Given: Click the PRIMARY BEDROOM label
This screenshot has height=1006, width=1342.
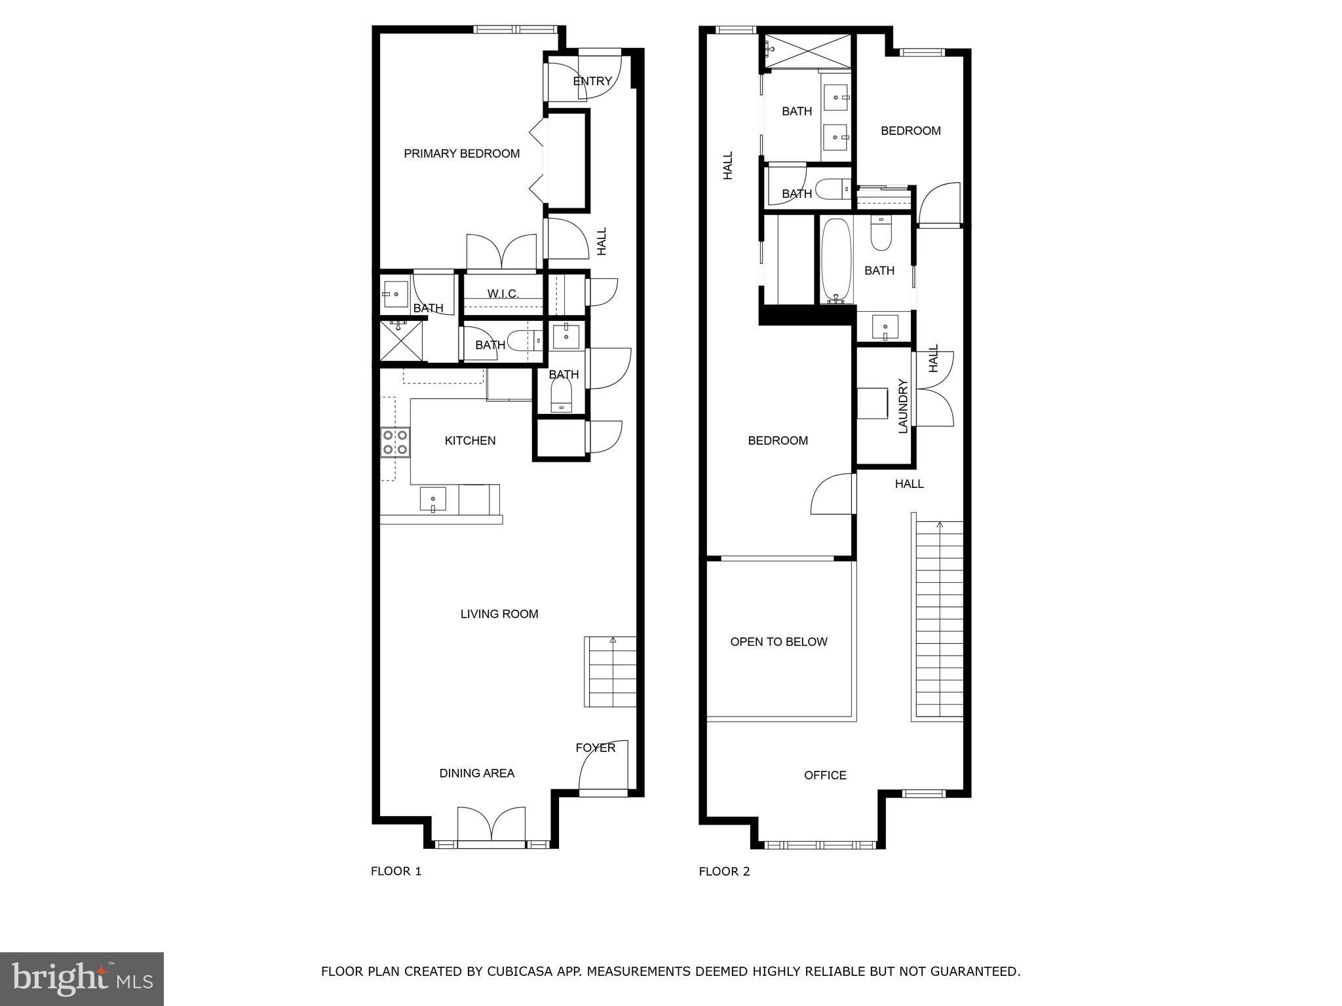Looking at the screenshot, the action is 461,154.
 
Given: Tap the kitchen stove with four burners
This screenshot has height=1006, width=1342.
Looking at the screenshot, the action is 395,442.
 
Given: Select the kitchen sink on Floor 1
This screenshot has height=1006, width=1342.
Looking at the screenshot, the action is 432,500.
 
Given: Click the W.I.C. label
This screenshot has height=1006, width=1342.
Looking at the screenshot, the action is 503,294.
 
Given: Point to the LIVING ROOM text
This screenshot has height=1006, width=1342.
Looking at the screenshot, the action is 499,614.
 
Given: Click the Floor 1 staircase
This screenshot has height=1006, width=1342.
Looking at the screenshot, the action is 610,671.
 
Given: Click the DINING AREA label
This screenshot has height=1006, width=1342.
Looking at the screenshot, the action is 477,773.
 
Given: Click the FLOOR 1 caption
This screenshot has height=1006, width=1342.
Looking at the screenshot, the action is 396,872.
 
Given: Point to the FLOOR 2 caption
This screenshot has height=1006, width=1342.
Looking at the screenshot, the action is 725,872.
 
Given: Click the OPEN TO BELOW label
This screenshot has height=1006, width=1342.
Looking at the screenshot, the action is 779,642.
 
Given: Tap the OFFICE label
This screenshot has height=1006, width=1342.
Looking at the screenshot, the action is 826,775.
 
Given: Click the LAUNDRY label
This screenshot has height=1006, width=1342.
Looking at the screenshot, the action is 903,406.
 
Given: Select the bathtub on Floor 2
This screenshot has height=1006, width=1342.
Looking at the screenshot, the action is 837,261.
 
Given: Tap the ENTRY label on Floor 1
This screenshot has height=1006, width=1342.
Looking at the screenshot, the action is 592,81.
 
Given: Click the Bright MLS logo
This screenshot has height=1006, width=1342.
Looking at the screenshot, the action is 82,978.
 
